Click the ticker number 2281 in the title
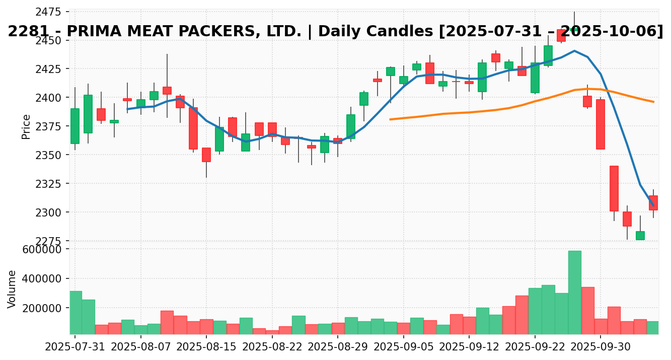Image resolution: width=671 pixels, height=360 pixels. click(x=30, y=31)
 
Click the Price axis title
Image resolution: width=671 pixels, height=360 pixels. click(x=26, y=126)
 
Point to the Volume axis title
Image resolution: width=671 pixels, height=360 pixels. click(x=12, y=289)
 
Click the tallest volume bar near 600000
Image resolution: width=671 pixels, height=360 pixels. click(x=574, y=292)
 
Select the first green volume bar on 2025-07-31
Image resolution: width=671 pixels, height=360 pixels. click(x=76, y=312)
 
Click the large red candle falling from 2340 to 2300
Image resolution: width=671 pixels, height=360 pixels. click(x=614, y=188)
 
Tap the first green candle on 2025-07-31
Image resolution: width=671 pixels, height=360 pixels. click(x=75, y=126)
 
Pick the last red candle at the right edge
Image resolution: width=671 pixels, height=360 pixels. click(x=653, y=203)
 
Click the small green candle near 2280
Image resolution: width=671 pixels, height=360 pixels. click(x=640, y=236)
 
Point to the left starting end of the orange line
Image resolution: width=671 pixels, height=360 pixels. click(x=390, y=119)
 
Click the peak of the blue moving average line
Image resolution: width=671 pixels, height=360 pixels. click(x=574, y=51)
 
